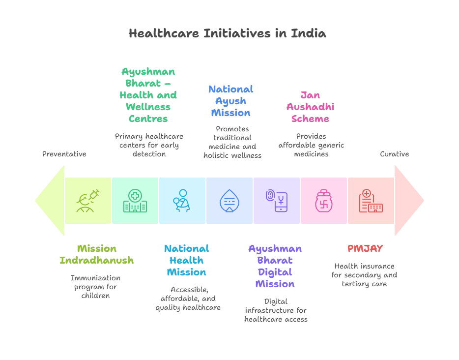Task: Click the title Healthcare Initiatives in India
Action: tap(228, 33)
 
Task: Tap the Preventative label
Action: tap(64, 154)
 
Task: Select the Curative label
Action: tap(394, 154)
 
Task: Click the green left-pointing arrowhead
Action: tap(50, 201)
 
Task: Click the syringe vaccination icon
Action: tap(88, 201)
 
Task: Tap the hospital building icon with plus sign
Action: tap(135, 201)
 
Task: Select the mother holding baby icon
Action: tap(182, 201)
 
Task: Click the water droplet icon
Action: tap(229, 201)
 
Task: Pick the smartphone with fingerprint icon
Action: tap(277, 201)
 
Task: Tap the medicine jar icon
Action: tap(324, 201)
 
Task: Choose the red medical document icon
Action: tap(371, 201)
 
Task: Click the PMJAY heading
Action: tap(365, 248)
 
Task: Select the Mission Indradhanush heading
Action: tap(97, 254)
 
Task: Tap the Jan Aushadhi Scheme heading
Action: tap(310, 107)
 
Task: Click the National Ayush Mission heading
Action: tap(230, 101)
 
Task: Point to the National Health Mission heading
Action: tap(186, 260)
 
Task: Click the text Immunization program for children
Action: tap(95, 287)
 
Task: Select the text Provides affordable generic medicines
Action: tap(311, 145)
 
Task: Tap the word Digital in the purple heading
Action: tap(275, 272)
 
